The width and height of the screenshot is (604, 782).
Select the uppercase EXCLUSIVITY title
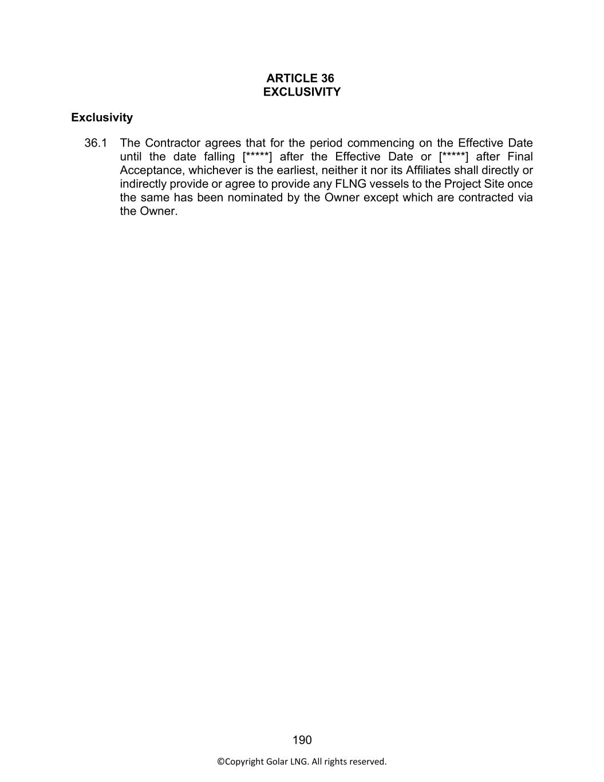[x=302, y=92]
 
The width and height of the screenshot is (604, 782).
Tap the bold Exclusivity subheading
[x=102, y=117]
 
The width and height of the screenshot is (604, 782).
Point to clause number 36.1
[x=96, y=143]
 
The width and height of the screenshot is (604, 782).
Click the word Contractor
[x=172, y=143]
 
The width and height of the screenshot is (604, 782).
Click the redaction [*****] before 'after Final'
[x=453, y=157]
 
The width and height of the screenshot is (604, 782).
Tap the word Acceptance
[x=151, y=170]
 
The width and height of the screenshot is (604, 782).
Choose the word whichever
[x=215, y=170]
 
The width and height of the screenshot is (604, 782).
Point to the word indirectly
[x=143, y=184]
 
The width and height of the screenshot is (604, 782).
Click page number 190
[x=302, y=740]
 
